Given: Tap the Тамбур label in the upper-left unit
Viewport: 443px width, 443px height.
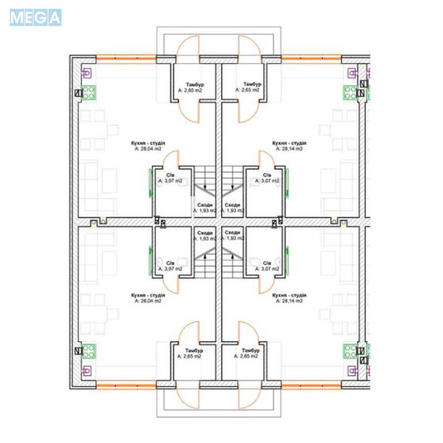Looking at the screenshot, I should click(x=193, y=86).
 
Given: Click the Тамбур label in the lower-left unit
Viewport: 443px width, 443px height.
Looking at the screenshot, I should click(x=193, y=351).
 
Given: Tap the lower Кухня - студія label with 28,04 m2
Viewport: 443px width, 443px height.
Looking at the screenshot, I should click(x=148, y=296).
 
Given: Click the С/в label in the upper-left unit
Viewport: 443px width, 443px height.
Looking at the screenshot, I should click(x=171, y=177).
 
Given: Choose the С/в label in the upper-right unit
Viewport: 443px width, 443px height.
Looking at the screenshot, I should click(x=267, y=177).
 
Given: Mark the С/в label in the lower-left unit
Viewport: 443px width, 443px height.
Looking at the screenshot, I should click(x=171, y=263).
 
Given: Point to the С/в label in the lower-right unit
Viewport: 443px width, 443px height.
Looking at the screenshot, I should click(x=267, y=263).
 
